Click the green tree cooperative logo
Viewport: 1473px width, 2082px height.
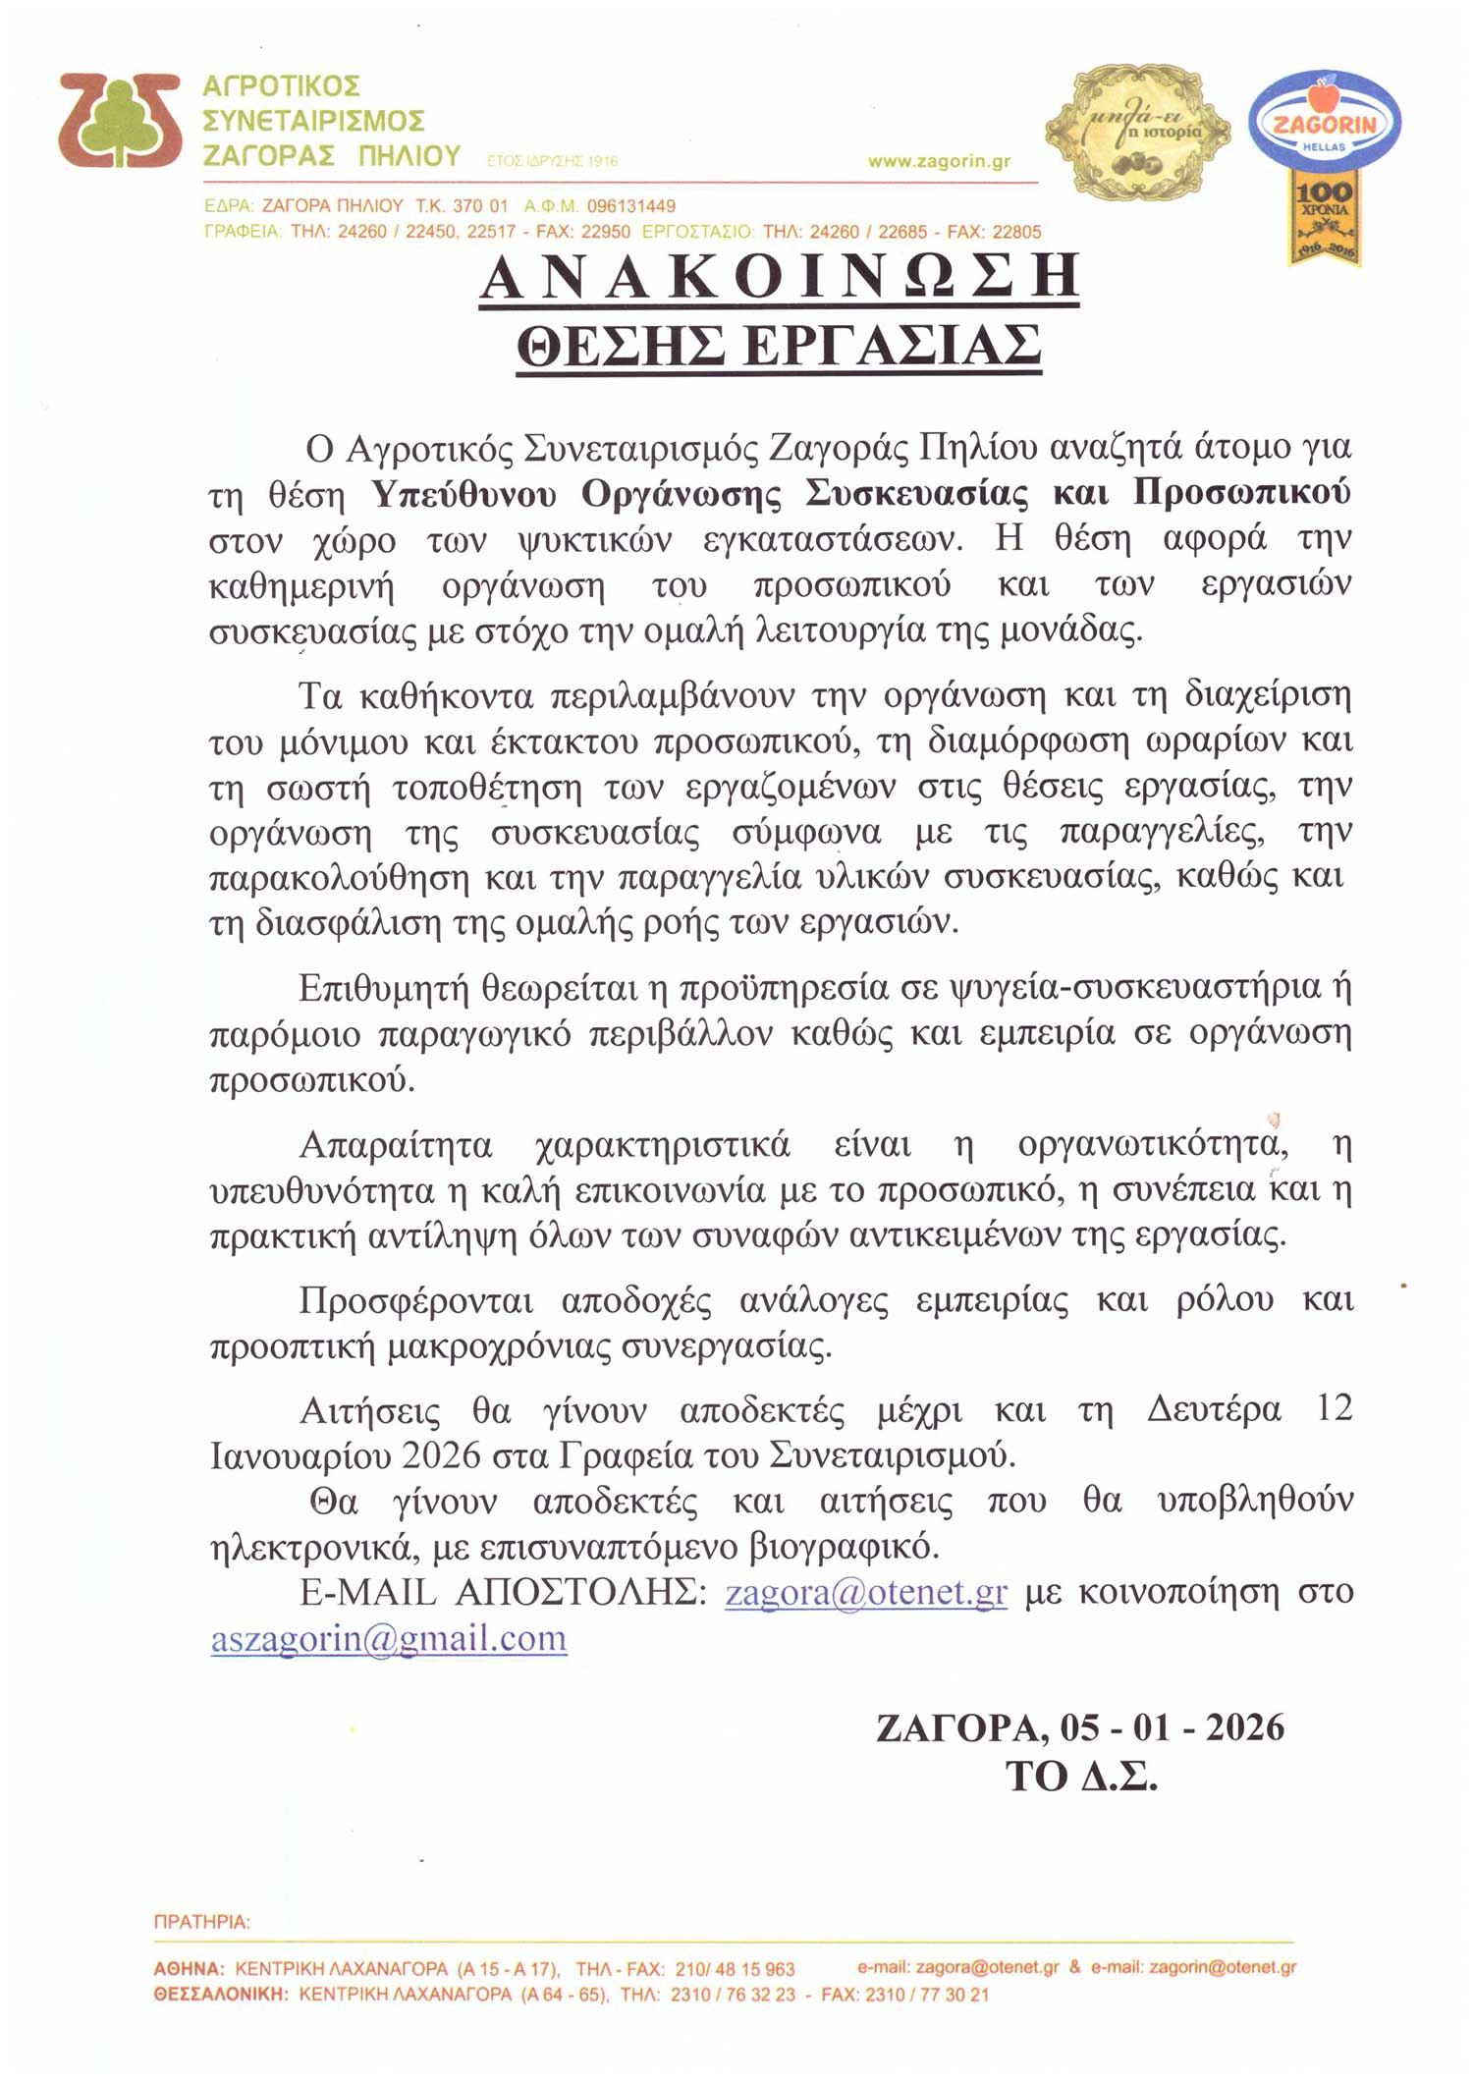pyautogui.click(x=119, y=121)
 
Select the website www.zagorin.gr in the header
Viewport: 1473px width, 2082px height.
pyautogui.click(x=939, y=162)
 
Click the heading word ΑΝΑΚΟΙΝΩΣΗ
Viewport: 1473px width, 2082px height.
pyautogui.click(x=780, y=278)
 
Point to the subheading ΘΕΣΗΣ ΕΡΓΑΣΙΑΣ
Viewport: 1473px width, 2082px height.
pyautogui.click(x=779, y=346)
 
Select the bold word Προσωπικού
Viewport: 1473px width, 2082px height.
pyautogui.click(x=1242, y=492)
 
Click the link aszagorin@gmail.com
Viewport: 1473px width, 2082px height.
pyautogui.click(x=389, y=1638)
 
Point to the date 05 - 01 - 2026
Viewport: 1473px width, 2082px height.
pyautogui.click(x=1172, y=1727)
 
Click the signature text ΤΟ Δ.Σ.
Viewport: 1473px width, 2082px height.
pyautogui.click(x=1081, y=1776)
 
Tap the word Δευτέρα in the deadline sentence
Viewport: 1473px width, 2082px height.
pyautogui.click(x=1215, y=1410)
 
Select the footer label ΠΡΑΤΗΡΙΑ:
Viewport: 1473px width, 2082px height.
pyautogui.click(x=202, y=1922)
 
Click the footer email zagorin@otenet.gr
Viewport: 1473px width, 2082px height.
pyautogui.click(x=1223, y=1967)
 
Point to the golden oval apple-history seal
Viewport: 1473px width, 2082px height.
pyautogui.click(x=1137, y=131)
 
